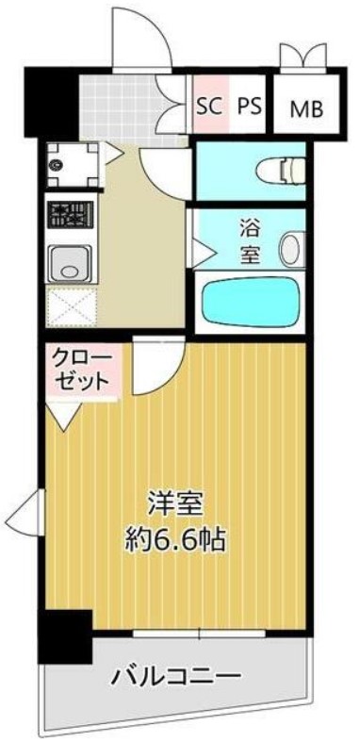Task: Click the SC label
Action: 209,107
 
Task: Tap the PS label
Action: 250,107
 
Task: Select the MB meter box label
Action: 306,109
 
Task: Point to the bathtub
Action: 248,301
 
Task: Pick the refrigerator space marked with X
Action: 72,306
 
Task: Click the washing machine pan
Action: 73,165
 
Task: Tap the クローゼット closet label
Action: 83,370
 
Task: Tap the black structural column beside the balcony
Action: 65,636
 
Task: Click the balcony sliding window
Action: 199,634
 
